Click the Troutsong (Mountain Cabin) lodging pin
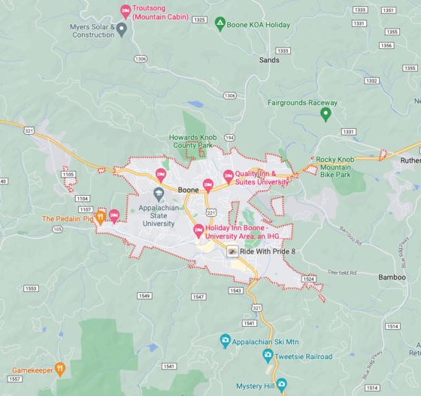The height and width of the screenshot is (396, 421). tap(126, 11)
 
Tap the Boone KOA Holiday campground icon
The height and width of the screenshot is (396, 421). tap(220, 25)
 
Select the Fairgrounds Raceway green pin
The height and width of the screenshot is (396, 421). tap(326, 114)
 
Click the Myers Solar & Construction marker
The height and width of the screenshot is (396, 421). tap(122, 29)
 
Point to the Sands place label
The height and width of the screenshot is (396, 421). tap(268, 60)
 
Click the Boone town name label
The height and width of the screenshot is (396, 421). tap(188, 190)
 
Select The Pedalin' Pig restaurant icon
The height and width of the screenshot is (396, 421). tap(100, 218)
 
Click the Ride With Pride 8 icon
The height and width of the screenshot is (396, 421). tap(233, 251)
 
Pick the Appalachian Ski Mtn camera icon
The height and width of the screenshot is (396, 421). tap(225, 341)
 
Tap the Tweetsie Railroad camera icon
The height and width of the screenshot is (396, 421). tap(258, 357)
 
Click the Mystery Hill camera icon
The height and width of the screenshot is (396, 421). tap(281, 385)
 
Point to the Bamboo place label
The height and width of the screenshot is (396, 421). tap(392, 278)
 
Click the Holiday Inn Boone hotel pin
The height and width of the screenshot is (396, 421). tap(199, 230)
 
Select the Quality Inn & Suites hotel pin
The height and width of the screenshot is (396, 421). tap(229, 176)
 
